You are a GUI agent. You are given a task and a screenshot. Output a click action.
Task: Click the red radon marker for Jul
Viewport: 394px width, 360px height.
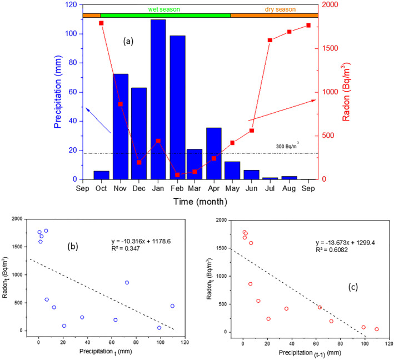click(x=270, y=40)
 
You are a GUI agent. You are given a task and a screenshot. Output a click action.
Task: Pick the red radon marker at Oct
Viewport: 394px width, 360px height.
click(x=102, y=23)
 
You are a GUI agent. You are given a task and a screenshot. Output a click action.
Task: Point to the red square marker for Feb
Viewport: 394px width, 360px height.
click(x=177, y=174)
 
